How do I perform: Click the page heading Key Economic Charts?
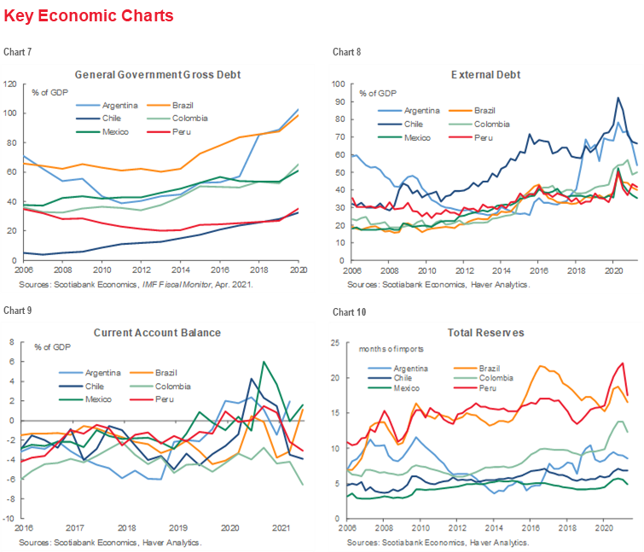[x=88, y=15]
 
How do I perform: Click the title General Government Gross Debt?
[x=158, y=74]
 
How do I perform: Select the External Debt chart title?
[x=485, y=74]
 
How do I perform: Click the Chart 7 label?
[x=17, y=53]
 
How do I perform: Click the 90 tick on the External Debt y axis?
[x=339, y=102]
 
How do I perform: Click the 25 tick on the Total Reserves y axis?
[x=339, y=343]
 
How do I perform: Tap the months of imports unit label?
[x=391, y=349]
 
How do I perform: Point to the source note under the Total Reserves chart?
[x=438, y=542]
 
